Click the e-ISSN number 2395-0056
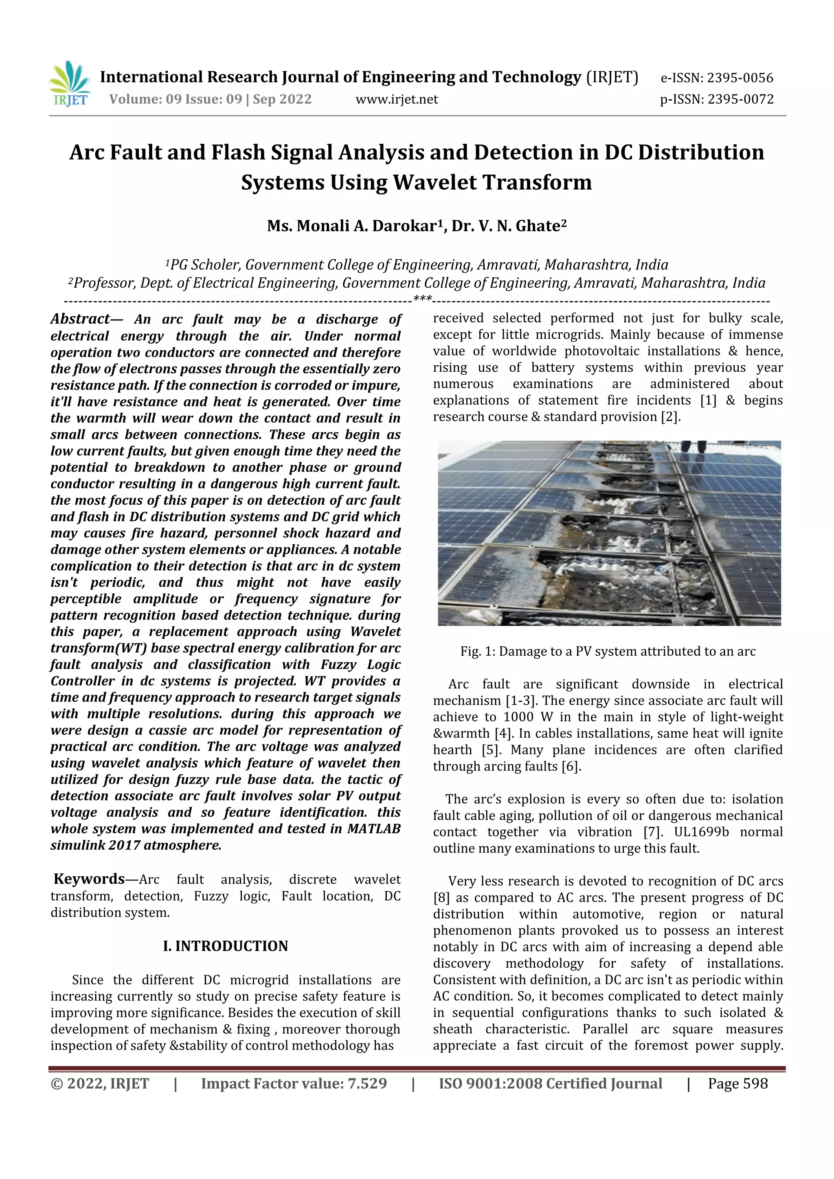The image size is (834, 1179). pos(740,78)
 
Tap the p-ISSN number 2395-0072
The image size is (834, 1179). pos(740,99)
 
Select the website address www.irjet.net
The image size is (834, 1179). pos(397,99)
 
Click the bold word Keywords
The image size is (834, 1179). pos(89,879)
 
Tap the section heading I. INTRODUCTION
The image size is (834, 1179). pos(226,946)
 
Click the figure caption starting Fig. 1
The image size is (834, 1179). pos(608,652)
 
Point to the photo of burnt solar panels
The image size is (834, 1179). pos(609,533)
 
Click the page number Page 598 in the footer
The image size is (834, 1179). pos(737,1083)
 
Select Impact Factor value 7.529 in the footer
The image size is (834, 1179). pos(294,1083)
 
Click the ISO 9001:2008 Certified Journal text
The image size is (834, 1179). pos(550,1083)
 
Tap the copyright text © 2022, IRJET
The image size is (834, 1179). pos(100,1083)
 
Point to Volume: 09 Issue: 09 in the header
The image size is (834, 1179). pos(175,99)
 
